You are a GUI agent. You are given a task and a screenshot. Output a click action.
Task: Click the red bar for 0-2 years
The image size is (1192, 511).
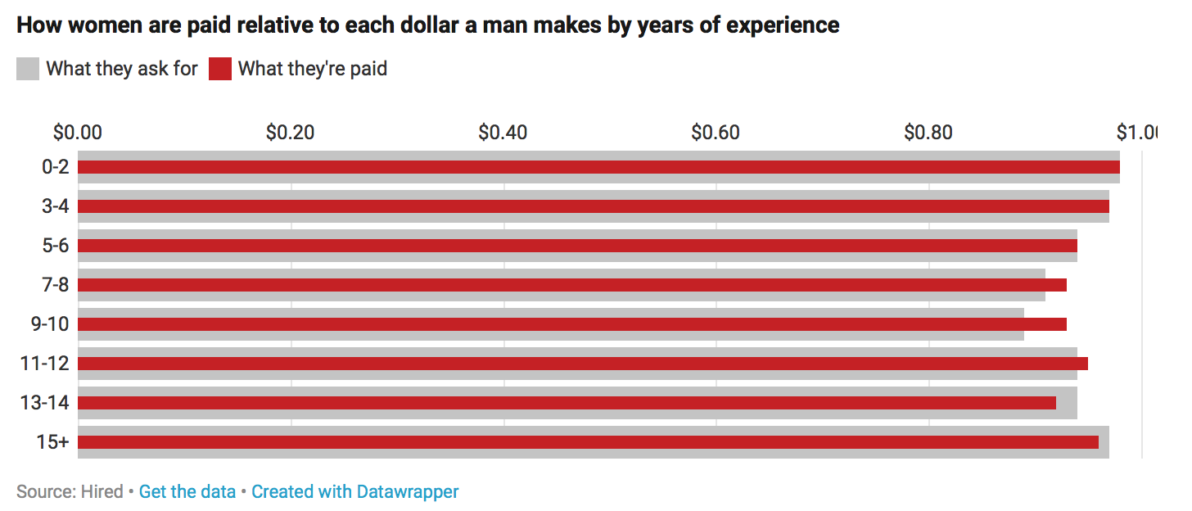[x=598, y=167]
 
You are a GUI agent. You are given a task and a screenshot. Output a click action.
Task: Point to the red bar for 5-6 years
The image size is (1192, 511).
[x=577, y=246]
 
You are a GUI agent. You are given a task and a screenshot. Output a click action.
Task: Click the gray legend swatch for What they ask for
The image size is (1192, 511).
[x=28, y=69]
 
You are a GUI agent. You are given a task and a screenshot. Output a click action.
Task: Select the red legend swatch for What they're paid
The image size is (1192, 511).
[x=220, y=69]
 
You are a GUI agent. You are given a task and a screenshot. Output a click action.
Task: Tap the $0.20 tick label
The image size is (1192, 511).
[x=290, y=132]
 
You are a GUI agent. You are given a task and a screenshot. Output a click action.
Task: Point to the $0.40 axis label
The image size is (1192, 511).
[x=503, y=132]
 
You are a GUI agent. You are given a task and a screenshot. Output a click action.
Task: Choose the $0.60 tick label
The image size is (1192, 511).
[x=716, y=132]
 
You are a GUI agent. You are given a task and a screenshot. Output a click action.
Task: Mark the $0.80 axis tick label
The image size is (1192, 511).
[x=928, y=132]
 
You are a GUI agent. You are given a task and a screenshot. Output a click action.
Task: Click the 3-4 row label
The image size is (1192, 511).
[x=56, y=206]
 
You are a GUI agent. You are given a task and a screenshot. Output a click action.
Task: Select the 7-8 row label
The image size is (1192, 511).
[x=56, y=285]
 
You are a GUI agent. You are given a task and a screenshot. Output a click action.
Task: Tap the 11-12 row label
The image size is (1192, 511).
[x=46, y=364]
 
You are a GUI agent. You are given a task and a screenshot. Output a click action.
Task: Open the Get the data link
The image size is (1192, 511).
[x=187, y=492]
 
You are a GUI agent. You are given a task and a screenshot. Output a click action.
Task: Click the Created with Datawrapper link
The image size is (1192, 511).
[x=354, y=492]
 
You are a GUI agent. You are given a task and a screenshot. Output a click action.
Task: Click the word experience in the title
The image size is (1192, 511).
[x=783, y=25]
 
